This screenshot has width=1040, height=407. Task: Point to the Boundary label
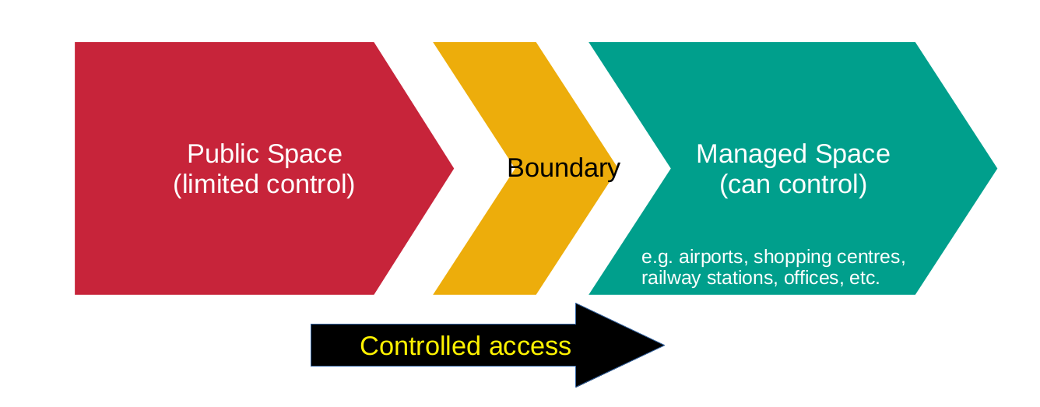(x=563, y=168)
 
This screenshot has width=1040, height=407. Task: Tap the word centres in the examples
(x=866, y=258)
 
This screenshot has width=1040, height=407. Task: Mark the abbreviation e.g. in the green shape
(x=656, y=258)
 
